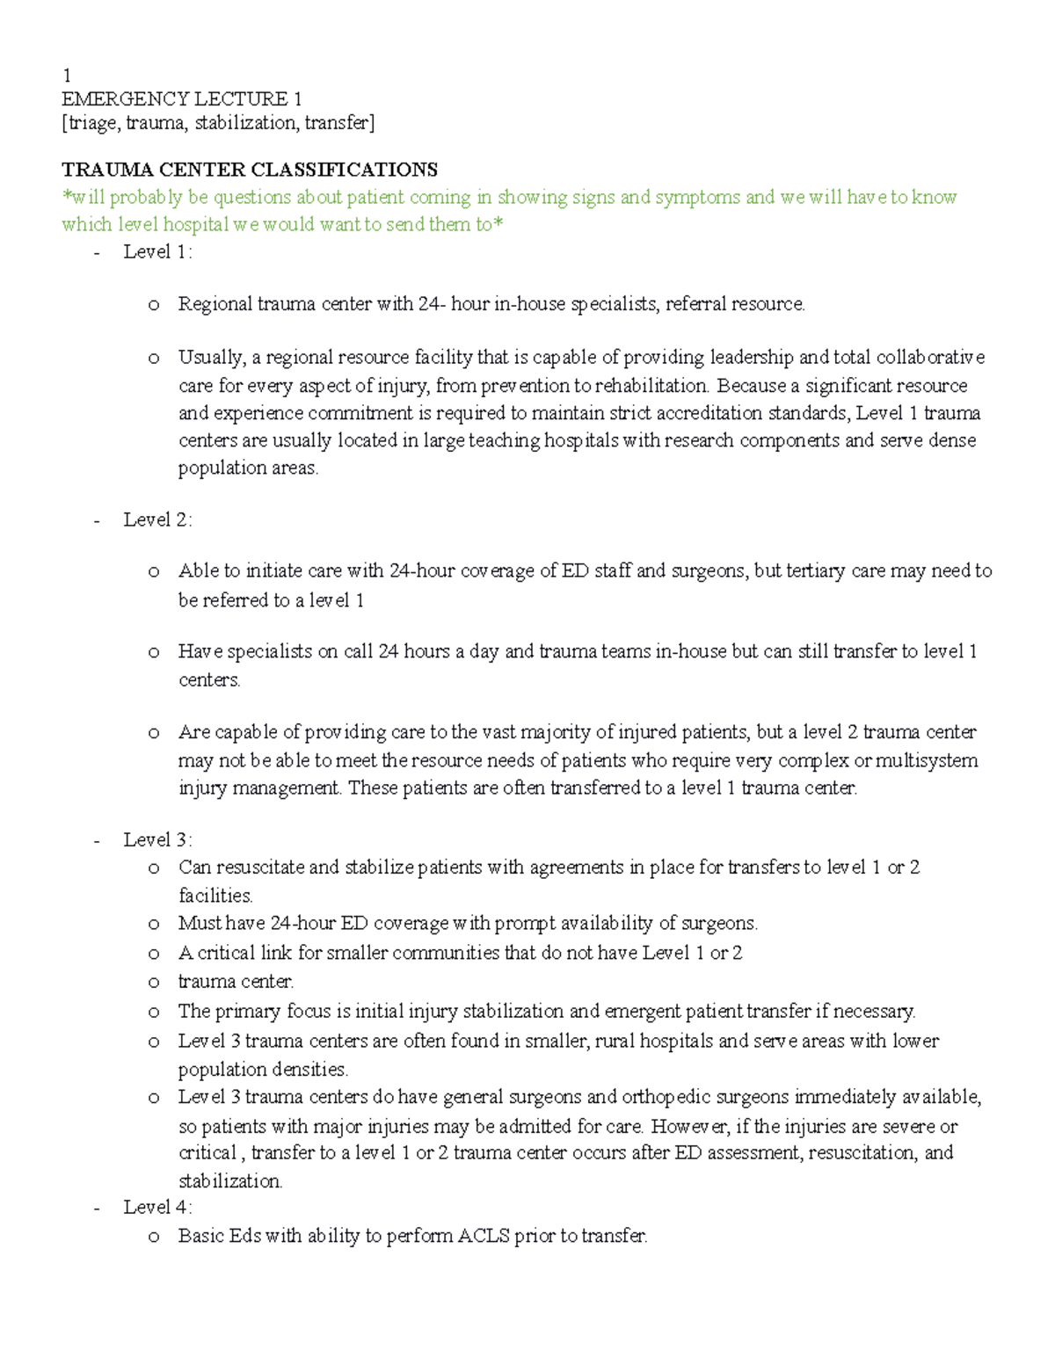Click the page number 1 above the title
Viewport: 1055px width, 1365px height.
pos(67,75)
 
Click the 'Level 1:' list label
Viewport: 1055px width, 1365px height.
pos(157,252)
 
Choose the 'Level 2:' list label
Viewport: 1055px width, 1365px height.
pos(157,519)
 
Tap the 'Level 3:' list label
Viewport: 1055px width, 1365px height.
pos(157,839)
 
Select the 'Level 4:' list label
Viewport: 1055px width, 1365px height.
pos(157,1207)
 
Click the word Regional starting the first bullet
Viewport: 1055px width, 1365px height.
pos(215,304)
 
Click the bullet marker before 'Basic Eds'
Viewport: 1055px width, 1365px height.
pos(154,1237)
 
